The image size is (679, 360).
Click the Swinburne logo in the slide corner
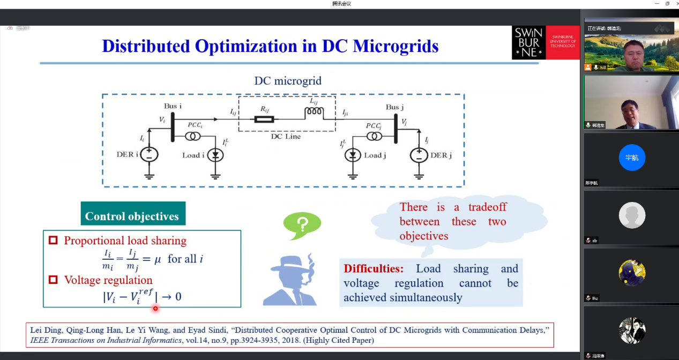click(546, 42)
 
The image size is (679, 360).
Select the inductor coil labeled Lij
click(314, 112)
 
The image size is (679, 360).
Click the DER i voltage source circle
click(149, 154)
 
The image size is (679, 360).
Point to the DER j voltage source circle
click(419, 155)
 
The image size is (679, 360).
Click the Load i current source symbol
click(215, 155)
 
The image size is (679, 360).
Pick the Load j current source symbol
click(353, 155)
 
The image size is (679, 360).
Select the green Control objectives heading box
click(132, 216)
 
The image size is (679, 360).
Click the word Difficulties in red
click(373, 268)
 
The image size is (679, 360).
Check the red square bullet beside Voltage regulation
click(53, 280)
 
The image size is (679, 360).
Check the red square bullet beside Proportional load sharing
click(53, 241)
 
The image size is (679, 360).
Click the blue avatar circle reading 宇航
click(632, 158)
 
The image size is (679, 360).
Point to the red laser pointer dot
click(155, 308)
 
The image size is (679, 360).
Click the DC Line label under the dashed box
click(286, 137)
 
